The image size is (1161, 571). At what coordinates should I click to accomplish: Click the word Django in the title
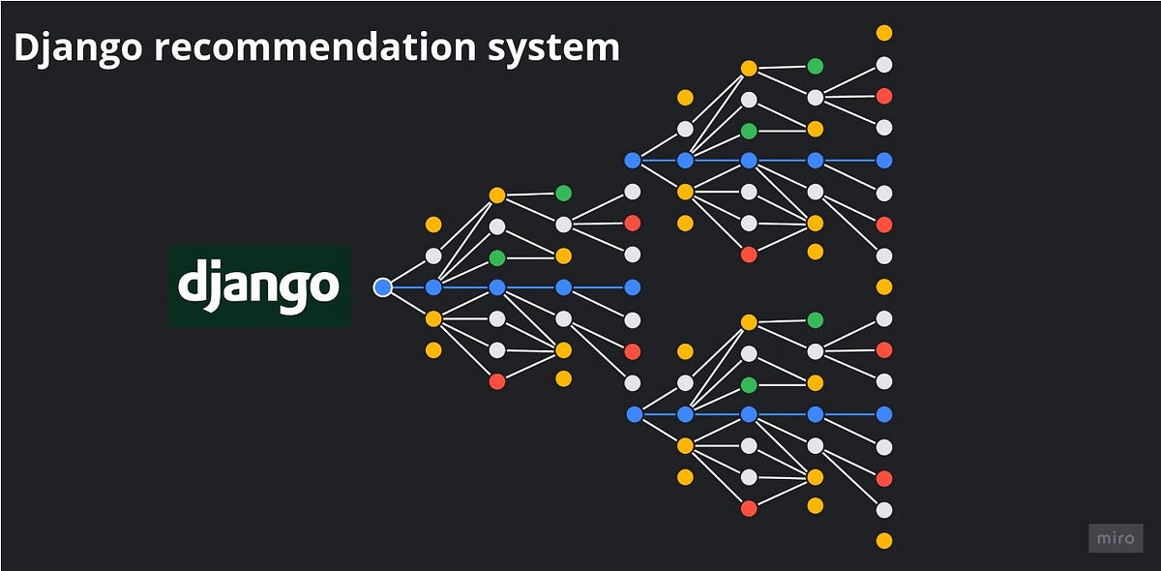click(x=77, y=48)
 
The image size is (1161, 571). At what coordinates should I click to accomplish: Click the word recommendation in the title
click(x=314, y=47)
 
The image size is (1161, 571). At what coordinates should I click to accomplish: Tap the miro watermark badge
click(x=1116, y=538)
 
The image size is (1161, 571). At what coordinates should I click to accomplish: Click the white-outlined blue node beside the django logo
click(x=382, y=287)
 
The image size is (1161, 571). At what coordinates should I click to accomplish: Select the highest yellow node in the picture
click(x=884, y=33)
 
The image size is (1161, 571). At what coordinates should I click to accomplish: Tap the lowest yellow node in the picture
click(x=884, y=541)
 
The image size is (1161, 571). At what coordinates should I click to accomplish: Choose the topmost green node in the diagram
click(x=816, y=67)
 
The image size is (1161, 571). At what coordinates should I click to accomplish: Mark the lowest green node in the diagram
click(x=749, y=385)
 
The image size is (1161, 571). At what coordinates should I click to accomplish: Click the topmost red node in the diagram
click(x=884, y=96)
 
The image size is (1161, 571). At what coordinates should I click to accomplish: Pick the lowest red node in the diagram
click(x=749, y=509)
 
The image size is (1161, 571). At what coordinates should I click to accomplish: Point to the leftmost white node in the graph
click(x=433, y=256)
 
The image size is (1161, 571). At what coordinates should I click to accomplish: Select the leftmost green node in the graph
click(x=497, y=257)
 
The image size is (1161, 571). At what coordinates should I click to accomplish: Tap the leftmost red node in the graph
click(x=497, y=381)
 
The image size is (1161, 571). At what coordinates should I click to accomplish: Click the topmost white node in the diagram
click(x=884, y=65)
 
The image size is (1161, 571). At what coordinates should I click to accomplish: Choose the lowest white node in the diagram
click(x=884, y=510)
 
